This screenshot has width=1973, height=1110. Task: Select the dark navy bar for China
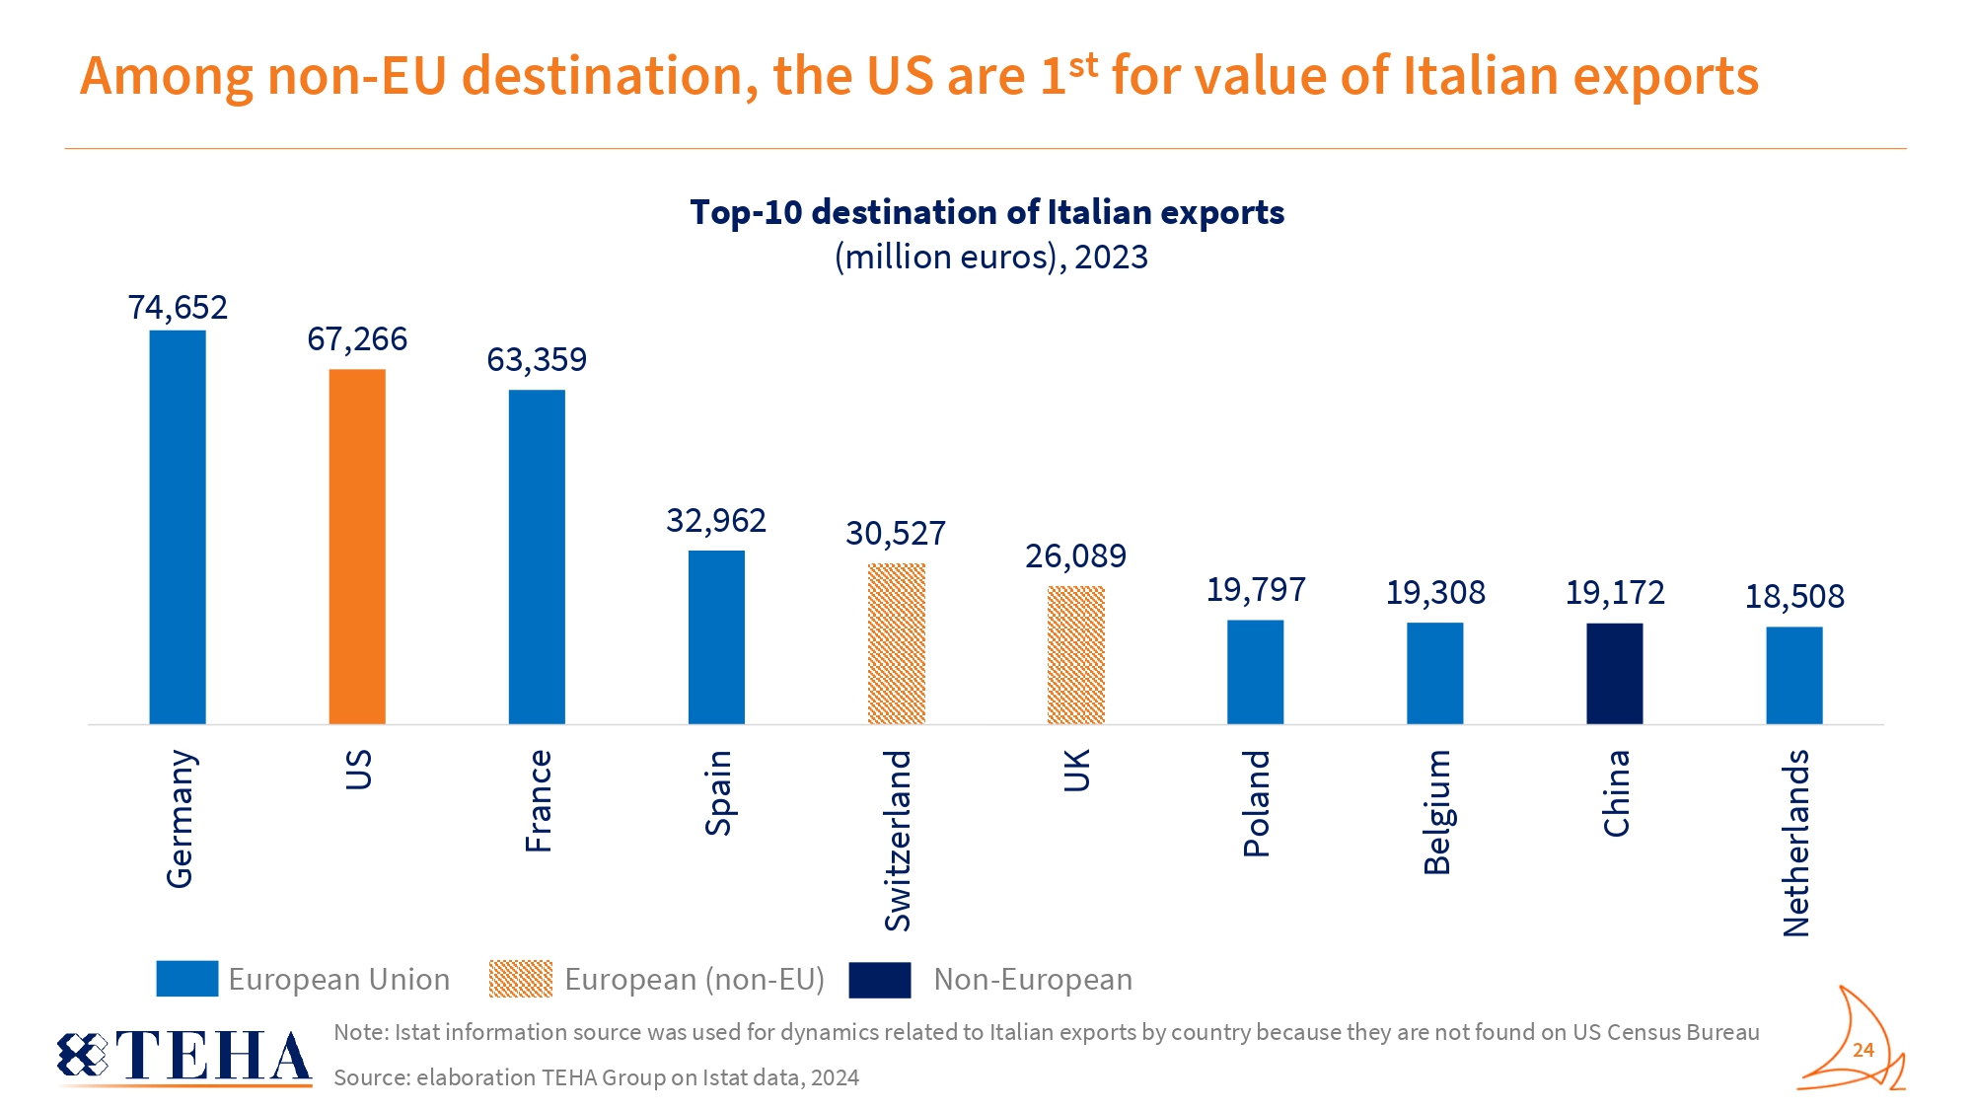1614,673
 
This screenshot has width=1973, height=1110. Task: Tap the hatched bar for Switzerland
896,643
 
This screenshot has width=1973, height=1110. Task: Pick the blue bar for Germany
178,527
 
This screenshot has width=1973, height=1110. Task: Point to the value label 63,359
537,360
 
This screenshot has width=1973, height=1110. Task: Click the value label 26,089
1075,556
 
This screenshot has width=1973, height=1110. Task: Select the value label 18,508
1794,597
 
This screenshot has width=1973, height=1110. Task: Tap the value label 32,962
716,521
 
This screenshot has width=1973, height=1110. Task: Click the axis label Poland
1256,803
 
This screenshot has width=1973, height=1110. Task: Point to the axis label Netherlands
1795,843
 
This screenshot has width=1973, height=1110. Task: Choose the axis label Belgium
1436,812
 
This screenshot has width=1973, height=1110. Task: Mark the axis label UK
1076,771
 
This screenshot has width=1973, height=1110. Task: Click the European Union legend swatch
187,979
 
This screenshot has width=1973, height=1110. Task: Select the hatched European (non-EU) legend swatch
521,979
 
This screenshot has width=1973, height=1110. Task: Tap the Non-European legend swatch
879,980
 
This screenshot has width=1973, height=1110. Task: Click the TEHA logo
185,1056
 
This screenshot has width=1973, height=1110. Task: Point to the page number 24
1863,1050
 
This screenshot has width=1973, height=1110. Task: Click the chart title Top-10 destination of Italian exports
986,212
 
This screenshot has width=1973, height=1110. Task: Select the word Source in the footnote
370,1077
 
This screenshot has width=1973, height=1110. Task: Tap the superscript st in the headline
1083,65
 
